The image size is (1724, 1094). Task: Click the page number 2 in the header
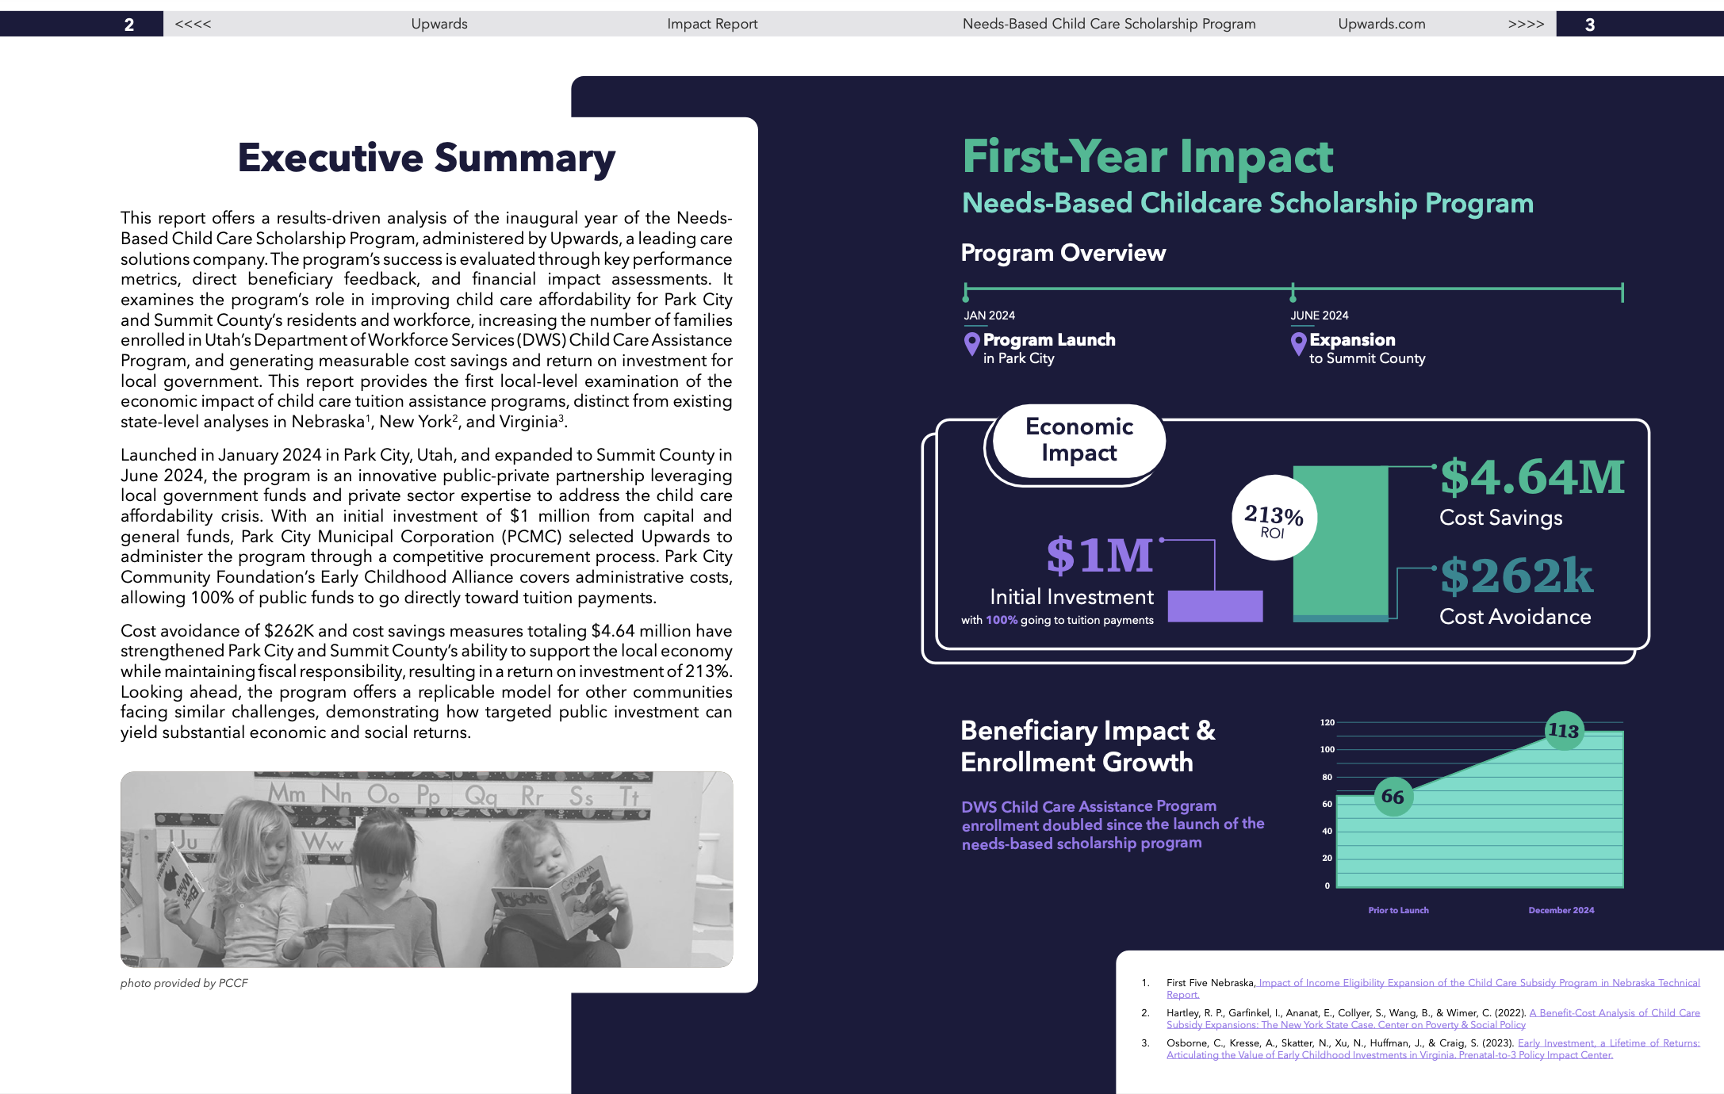129,25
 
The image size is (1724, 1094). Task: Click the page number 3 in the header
1589,25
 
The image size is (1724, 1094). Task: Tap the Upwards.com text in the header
1381,24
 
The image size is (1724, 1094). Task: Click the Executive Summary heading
427,158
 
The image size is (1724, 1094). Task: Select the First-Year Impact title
1147,157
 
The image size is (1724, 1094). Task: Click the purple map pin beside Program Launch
971,343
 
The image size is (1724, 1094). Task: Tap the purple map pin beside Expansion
1298,343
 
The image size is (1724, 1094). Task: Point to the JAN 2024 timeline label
989,316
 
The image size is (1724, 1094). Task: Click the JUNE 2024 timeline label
1319,316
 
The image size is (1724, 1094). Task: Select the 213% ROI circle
1274,518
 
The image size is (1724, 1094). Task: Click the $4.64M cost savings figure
1532,477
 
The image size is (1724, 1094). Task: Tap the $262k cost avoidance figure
1516,576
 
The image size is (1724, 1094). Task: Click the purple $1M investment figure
1099,555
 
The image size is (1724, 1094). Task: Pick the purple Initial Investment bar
1215,606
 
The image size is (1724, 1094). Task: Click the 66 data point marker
1393,796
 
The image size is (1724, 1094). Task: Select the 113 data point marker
1564,730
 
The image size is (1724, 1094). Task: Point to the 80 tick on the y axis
1327,777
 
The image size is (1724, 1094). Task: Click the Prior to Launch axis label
1398,910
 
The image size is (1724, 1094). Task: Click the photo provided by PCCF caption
184,983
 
